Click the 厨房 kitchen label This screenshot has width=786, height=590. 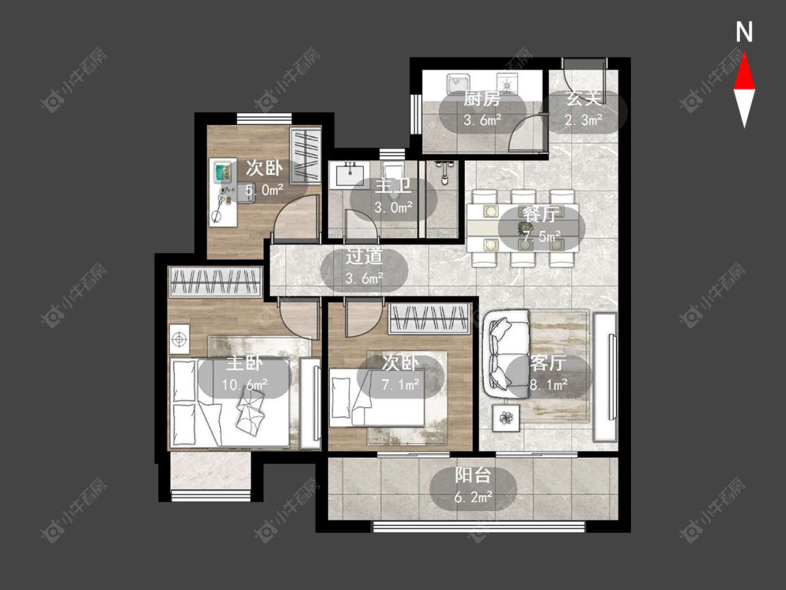coord(481,99)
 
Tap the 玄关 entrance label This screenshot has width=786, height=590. coord(583,99)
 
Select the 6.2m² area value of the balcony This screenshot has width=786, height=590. coord(474,497)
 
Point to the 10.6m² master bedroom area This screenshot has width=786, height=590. coord(245,384)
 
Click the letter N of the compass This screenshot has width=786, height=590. coord(744,32)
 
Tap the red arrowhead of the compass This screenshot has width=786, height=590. coord(744,73)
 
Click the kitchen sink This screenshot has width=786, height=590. coord(458,83)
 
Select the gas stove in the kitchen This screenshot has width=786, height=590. coord(508,83)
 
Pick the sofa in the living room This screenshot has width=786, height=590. coord(506,354)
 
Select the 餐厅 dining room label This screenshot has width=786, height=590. coord(541,214)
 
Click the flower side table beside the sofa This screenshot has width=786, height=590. coord(506,417)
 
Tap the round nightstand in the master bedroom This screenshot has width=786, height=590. coord(179,340)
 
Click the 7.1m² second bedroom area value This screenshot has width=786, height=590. coord(401,384)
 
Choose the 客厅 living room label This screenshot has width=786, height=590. coord(548,363)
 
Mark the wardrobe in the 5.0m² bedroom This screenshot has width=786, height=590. coord(305,155)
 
